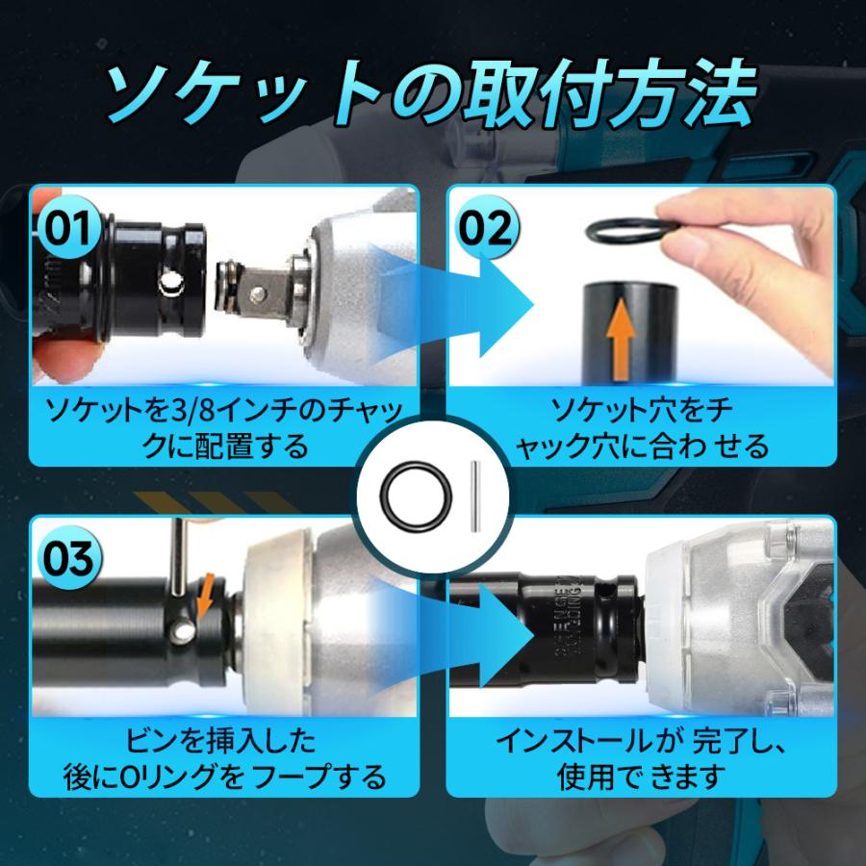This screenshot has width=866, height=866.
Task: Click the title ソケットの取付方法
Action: [x=433, y=91]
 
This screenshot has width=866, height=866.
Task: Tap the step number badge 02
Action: [x=487, y=229]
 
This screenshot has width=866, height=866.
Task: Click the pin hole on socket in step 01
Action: [x=169, y=283]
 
